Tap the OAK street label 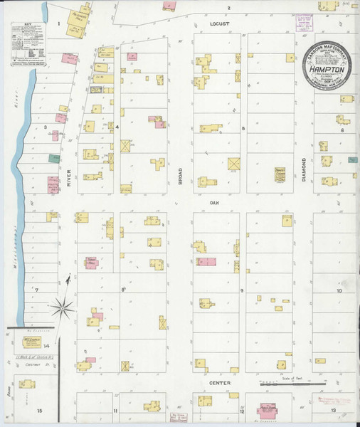(x=213, y=202)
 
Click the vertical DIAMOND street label (x=302, y=170)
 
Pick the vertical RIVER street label (x=69, y=179)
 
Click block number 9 (x=242, y=291)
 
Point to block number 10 (x=339, y=291)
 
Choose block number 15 (x=40, y=411)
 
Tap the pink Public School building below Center (x=268, y=411)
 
